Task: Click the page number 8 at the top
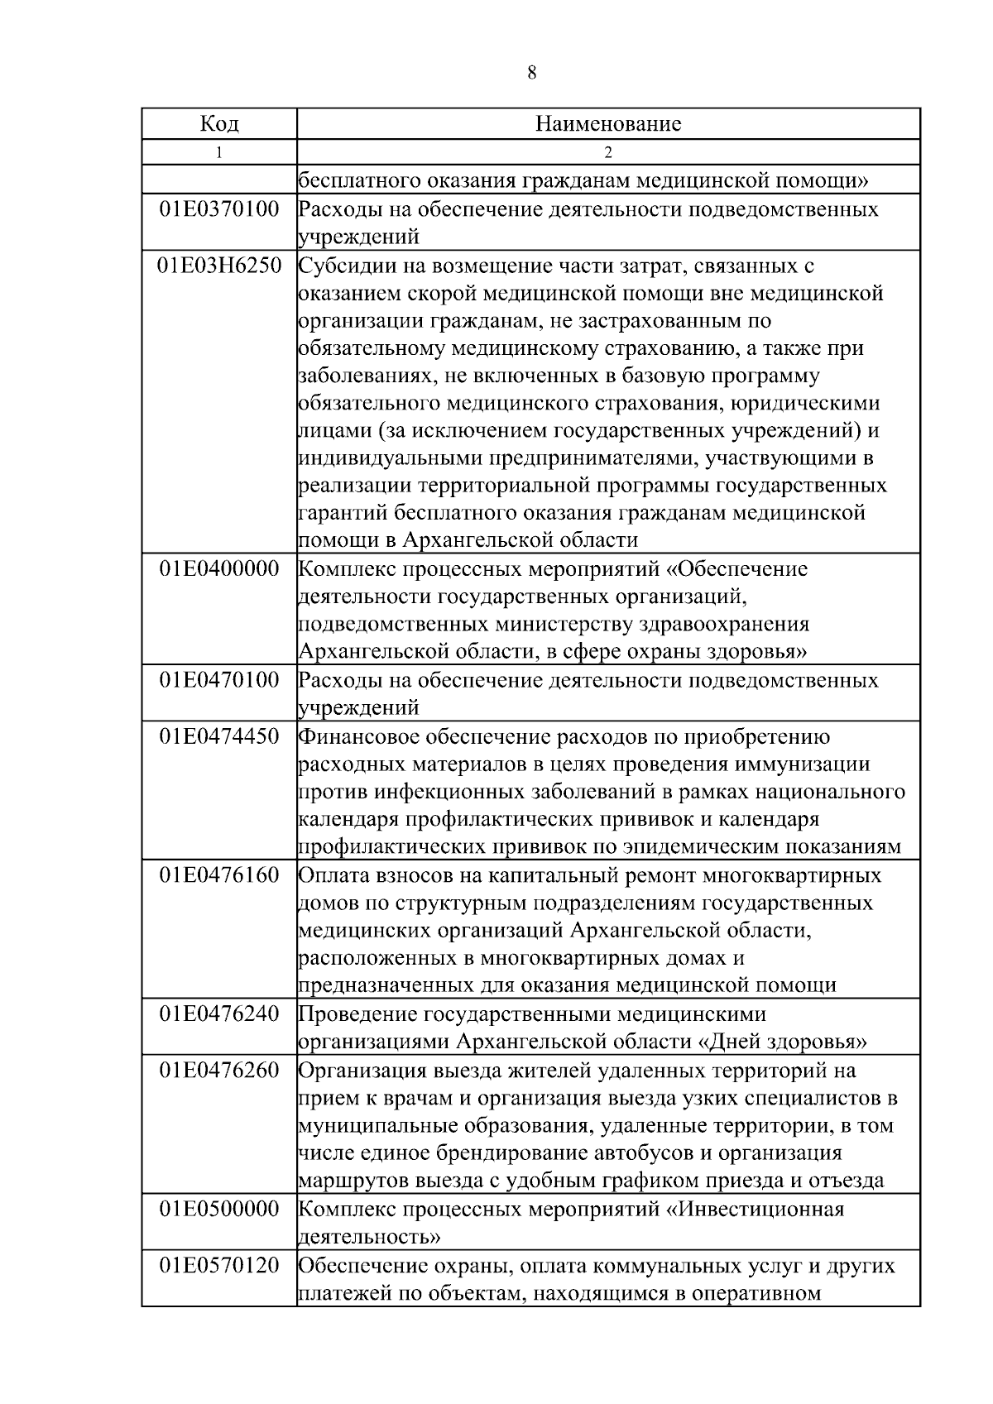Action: coord(531,73)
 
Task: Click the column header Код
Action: coord(219,124)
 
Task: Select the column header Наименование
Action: coord(608,124)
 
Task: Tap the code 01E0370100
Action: coord(219,209)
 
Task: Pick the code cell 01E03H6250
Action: coord(219,266)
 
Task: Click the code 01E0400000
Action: coord(219,569)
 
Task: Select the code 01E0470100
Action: coord(219,681)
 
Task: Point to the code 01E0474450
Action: coord(219,736)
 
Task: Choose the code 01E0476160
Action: coord(219,875)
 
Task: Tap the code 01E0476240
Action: coord(219,1014)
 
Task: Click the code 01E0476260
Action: coord(219,1071)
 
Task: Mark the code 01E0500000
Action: coord(219,1210)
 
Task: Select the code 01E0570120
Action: coord(219,1266)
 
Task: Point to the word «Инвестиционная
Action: coord(755,1210)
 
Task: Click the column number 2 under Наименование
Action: coord(608,152)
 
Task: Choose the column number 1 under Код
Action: coord(219,152)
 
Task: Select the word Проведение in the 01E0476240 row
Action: coord(357,1014)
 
